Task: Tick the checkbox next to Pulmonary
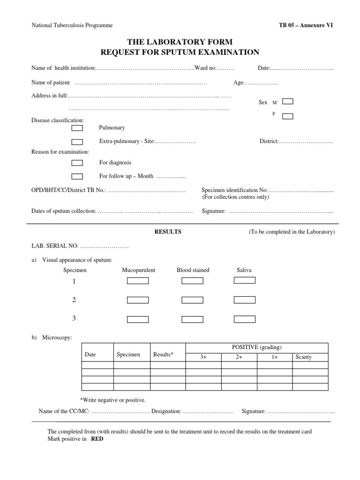pyautogui.click(x=77, y=128)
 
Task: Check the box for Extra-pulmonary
pyautogui.click(x=77, y=142)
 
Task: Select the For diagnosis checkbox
pyautogui.click(x=77, y=163)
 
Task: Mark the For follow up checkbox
pyautogui.click(x=77, y=176)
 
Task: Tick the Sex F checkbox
pyautogui.click(x=288, y=116)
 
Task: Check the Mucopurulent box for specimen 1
pyautogui.click(x=138, y=281)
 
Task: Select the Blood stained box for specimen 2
pyautogui.click(x=192, y=300)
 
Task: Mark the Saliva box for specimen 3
pyautogui.click(x=244, y=319)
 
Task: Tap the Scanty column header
pyautogui.click(x=304, y=357)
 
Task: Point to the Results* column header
pyautogui.click(x=163, y=355)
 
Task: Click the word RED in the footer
pyautogui.click(x=97, y=440)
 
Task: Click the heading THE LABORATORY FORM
pyautogui.click(x=180, y=42)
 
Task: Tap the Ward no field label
pyautogui.click(x=205, y=68)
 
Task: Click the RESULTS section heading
pyautogui.click(x=168, y=232)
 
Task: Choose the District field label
pyautogui.click(x=269, y=142)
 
